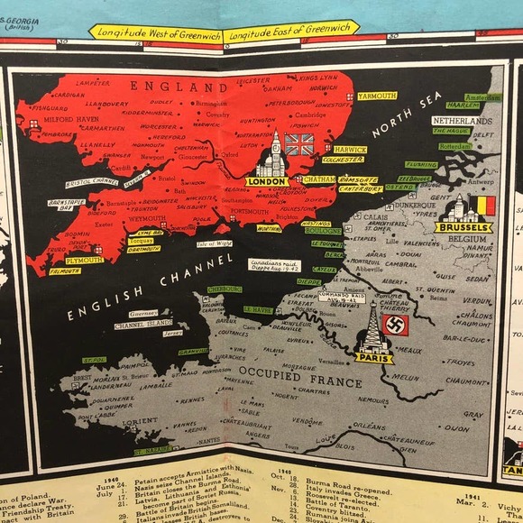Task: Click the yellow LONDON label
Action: coord(267,181)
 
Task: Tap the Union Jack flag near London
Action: coord(298,144)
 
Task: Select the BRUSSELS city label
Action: coord(463,227)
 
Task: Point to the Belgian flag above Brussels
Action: coord(486,206)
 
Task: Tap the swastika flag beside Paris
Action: coord(396,325)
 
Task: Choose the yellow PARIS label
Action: coord(373,358)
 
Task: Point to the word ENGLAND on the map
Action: coord(179,87)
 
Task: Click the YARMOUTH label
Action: coord(377,96)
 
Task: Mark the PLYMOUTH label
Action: coord(84,260)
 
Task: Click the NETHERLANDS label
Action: coord(462,120)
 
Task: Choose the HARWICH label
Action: coord(350,149)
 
